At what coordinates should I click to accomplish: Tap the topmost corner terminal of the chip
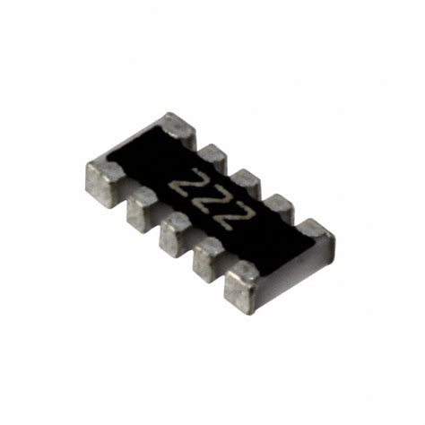coord(175,130)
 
